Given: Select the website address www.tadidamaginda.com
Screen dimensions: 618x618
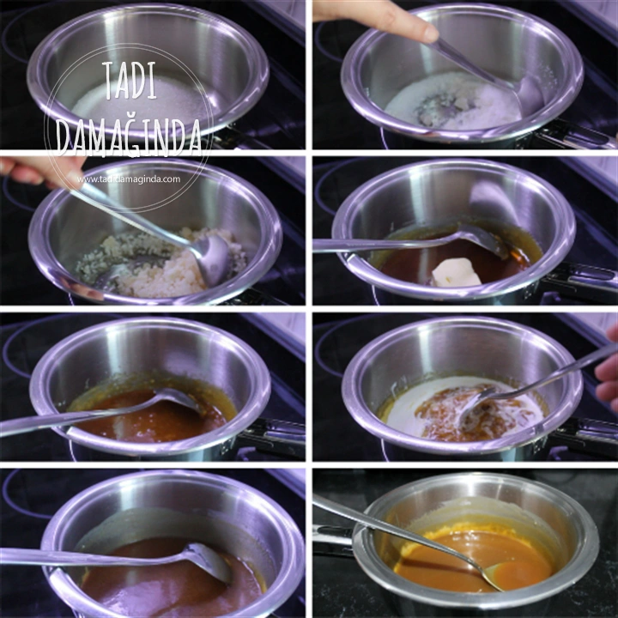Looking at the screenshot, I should tap(128, 179).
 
